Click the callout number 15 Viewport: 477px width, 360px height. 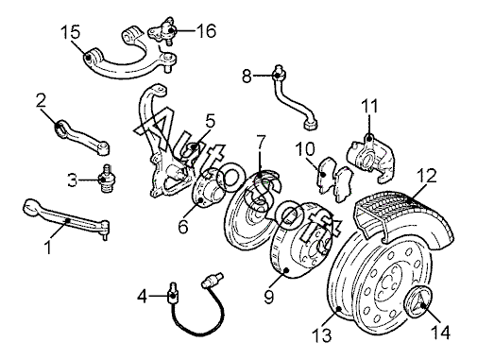[70, 32]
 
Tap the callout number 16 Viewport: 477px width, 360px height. [207, 30]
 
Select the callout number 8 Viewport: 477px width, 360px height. [247, 76]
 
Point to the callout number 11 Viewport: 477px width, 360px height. [369, 106]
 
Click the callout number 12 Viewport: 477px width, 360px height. [427, 176]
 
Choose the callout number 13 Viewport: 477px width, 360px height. [322, 334]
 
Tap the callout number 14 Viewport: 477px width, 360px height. [440, 332]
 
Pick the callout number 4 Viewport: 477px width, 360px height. [143, 296]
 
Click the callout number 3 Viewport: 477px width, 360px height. [73, 180]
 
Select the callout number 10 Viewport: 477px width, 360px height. [305, 149]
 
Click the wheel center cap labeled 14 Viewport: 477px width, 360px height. [418, 302]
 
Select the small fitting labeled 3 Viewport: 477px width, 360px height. [107, 179]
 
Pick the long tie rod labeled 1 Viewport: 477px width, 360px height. [67, 219]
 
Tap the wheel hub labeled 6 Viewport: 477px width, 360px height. [207, 188]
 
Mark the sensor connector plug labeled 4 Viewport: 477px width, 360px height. [173, 293]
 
